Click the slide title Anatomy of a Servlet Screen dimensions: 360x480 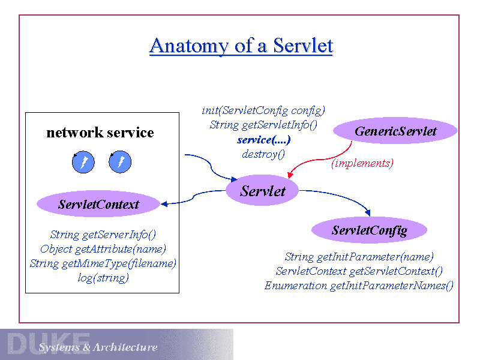click(x=241, y=46)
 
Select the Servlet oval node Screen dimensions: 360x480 click(x=262, y=191)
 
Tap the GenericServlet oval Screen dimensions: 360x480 click(x=395, y=131)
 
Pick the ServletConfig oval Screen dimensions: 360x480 click(x=369, y=230)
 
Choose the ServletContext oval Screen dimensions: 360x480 click(x=98, y=205)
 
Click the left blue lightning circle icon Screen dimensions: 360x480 click(x=83, y=162)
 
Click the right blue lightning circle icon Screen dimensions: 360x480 click(x=121, y=162)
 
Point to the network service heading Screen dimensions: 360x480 click(x=100, y=133)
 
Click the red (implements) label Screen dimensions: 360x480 click(x=362, y=163)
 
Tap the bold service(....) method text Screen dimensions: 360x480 click(x=264, y=140)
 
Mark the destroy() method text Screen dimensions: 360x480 click(x=263, y=154)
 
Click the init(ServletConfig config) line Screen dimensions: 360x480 click(x=263, y=110)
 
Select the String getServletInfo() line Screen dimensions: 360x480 click(x=263, y=125)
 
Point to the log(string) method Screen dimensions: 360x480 click(x=103, y=278)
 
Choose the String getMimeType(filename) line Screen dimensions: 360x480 click(x=103, y=263)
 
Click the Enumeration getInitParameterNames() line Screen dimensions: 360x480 click(x=359, y=286)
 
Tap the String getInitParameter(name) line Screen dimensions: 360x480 click(x=359, y=257)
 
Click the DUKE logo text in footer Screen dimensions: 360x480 click(x=48, y=343)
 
